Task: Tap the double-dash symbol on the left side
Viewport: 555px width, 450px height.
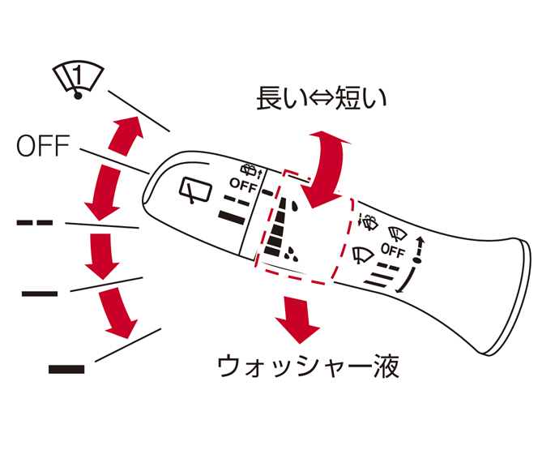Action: pos(35,221)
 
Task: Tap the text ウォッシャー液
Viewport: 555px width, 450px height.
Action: pos(309,366)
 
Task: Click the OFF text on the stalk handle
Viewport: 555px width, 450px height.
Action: pos(392,251)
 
